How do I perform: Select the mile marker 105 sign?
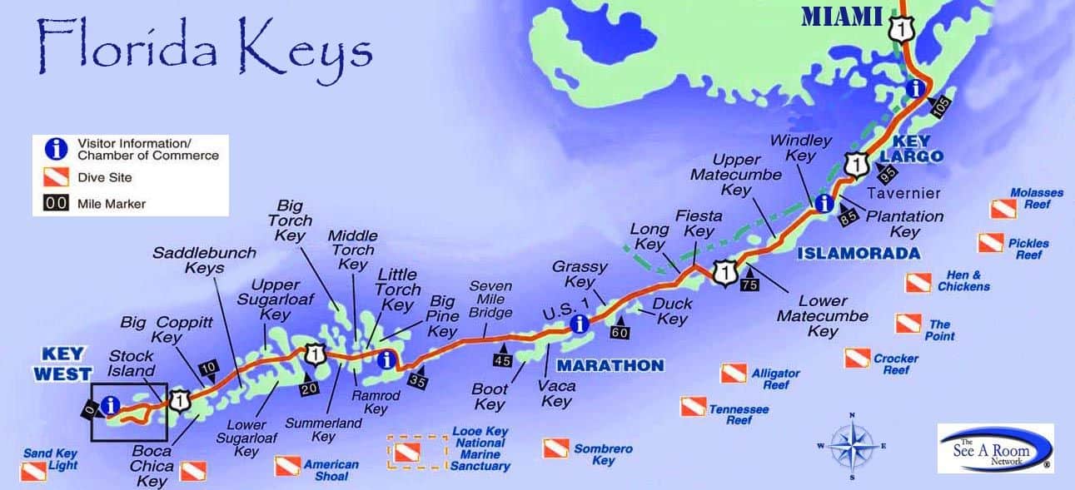pos(939,106)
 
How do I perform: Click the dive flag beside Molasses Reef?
pos(1002,210)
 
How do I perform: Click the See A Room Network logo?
pos(995,448)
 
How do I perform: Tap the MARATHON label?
pos(610,365)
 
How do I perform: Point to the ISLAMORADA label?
pos(859,253)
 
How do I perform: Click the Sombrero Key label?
pos(603,454)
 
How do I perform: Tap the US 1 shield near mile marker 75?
pos(727,272)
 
